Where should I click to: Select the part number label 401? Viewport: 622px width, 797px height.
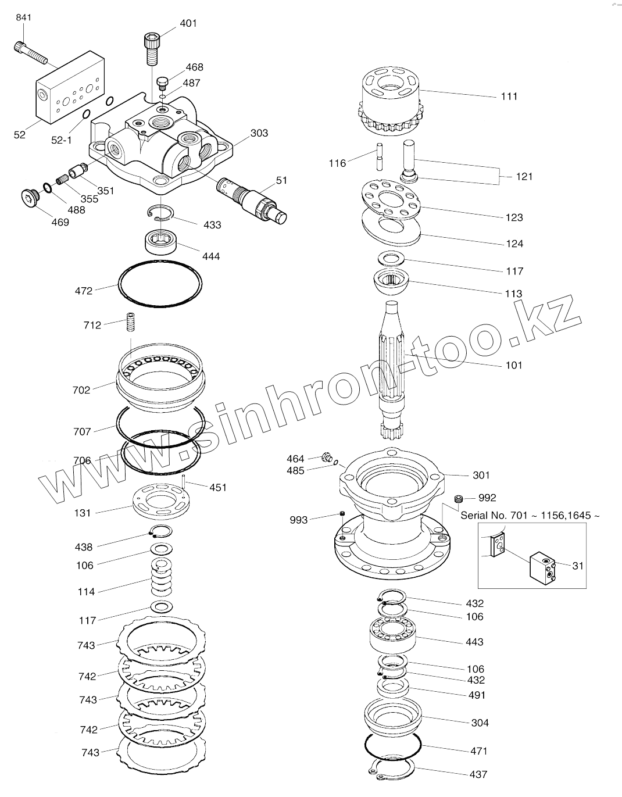tap(188, 23)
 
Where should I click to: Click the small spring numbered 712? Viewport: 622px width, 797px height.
tap(131, 323)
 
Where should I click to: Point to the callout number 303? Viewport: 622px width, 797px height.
tap(259, 133)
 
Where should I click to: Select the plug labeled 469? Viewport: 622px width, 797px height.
tap(28, 196)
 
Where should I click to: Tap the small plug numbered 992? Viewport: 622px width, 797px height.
tap(459, 498)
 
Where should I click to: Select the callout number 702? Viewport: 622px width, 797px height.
tap(82, 390)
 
